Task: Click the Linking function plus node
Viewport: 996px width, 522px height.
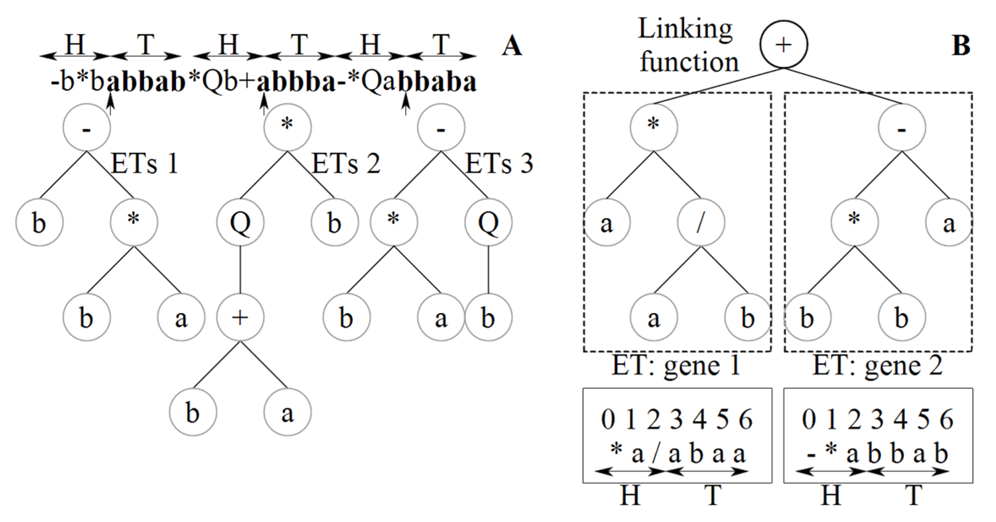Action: [x=783, y=44]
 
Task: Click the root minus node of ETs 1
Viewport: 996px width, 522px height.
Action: [x=87, y=127]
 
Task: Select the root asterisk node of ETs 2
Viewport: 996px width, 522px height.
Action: [x=287, y=127]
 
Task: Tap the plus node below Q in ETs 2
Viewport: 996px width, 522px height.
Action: [x=240, y=317]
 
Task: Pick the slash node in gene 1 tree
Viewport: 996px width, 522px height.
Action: [x=701, y=223]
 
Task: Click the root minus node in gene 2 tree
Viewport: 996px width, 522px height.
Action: [x=902, y=127]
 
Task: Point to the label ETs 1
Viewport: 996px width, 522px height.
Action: [x=144, y=164]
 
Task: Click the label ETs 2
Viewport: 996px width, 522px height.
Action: [x=346, y=164]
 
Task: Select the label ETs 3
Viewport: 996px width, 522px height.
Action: [x=499, y=164]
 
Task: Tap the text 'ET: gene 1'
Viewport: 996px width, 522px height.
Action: [x=676, y=366]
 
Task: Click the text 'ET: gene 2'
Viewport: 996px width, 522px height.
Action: [x=877, y=366]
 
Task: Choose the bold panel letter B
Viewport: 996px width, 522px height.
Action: [x=961, y=46]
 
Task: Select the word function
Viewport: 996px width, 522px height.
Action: [x=689, y=62]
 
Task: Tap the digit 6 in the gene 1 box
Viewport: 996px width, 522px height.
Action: [x=745, y=420]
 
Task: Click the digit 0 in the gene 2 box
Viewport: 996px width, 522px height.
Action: [x=809, y=420]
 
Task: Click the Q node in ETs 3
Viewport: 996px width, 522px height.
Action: [x=488, y=223]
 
